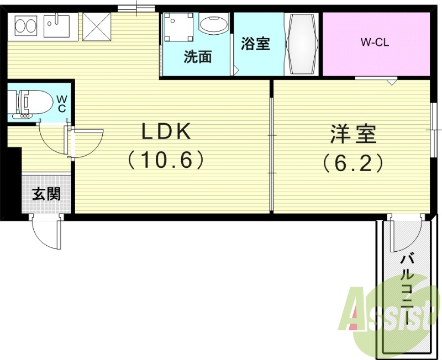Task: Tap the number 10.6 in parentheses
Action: point(166,160)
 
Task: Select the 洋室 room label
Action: point(353,133)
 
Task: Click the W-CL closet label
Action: point(375,41)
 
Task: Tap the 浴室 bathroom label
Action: point(255,44)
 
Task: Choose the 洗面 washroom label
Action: point(197,57)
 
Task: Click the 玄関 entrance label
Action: point(46,194)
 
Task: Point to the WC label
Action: point(62,104)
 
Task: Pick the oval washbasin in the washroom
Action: point(213,25)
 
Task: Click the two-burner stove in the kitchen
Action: point(24,25)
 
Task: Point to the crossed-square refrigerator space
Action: point(96,27)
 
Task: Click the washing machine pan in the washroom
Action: point(178,28)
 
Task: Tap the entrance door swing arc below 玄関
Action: point(44,233)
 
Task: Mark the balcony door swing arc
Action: point(402,235)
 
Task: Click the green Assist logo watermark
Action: point(387,315)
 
